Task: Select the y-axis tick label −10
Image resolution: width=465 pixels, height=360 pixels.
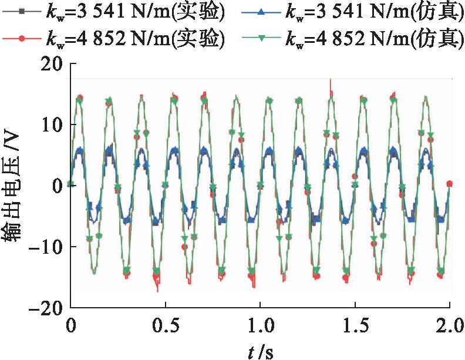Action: (x=46, y=247)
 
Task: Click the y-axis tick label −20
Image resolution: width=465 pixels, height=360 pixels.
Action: (x=46, y=307)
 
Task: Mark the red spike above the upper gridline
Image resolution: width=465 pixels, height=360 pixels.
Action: (x=331, y=83)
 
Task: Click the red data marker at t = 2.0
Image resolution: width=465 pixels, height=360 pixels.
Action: (x=450, y=184)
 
